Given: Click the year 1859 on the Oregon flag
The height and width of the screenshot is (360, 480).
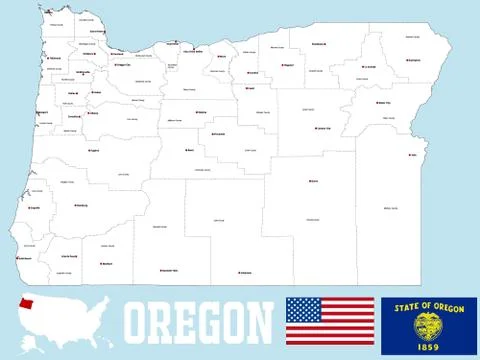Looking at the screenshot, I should [428, 345].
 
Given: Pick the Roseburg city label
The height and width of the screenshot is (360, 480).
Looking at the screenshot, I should [81, 206].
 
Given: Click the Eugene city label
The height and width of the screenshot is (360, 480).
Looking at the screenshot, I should [94, 150].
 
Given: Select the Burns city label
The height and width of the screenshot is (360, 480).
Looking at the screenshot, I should [314, 182].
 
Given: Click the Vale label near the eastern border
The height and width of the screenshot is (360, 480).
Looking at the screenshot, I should [413, 155].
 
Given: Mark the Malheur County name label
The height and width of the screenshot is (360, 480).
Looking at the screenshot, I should [390, 207].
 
